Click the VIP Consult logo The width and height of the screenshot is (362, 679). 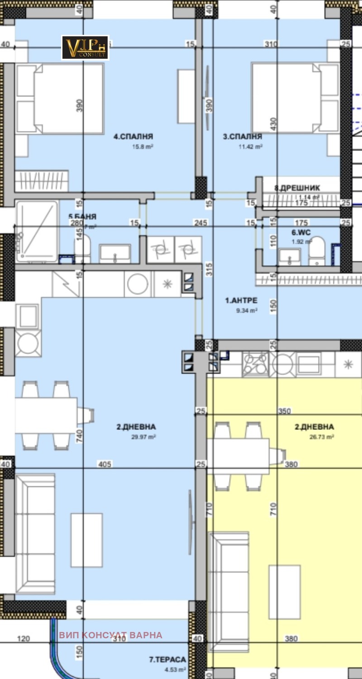tap(85, 47)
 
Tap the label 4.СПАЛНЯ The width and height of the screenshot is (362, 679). tap(133, 136)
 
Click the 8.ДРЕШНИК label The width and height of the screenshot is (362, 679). tap(297, 188)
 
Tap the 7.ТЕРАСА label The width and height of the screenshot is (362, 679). tap(167, 660)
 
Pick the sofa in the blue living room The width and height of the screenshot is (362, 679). tap(35, 534)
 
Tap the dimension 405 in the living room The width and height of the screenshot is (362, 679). tap(105, 464)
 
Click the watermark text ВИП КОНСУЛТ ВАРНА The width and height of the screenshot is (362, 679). tap(110, 635)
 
